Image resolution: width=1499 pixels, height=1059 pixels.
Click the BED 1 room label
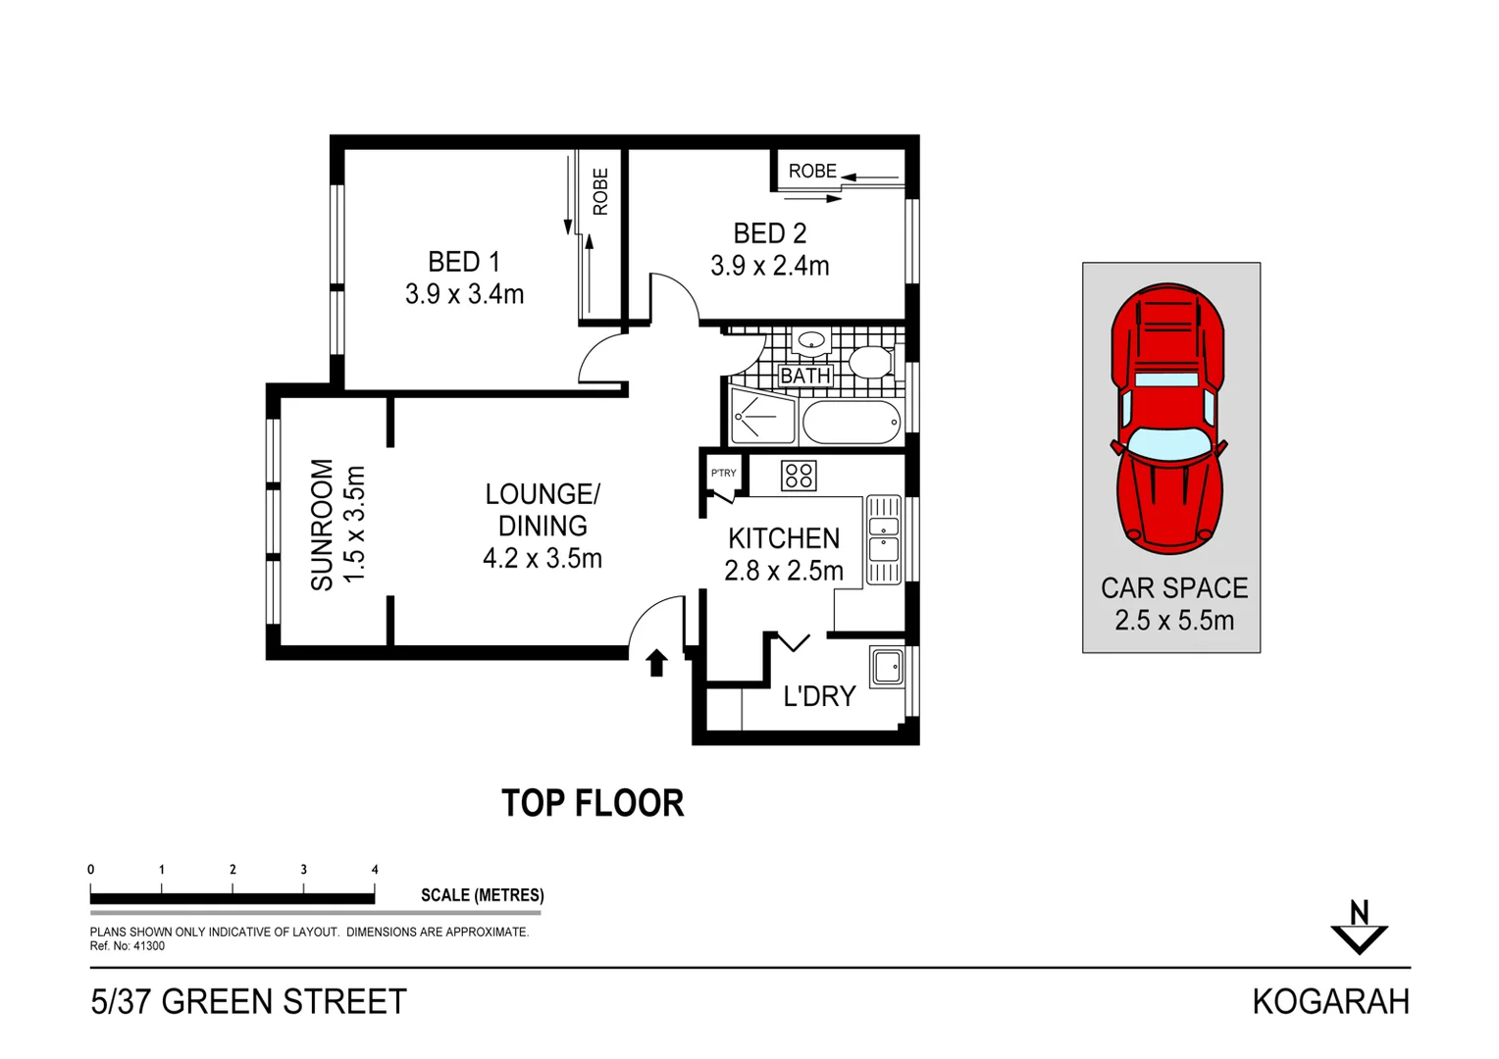[463, 262]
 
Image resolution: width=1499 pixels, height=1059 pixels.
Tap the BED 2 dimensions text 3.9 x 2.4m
[769, 266]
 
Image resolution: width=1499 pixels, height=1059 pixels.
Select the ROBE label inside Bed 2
[812, 171]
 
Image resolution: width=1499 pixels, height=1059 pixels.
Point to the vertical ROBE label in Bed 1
[600, 191]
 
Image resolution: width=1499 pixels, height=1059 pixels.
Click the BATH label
[804, 376]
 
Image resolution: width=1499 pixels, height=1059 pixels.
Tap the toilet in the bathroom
[871, 361]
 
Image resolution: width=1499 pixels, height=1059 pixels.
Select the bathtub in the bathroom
[851, 423]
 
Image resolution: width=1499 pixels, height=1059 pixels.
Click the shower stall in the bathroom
[761, 417]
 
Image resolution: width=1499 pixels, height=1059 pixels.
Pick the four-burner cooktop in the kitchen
[799, 476]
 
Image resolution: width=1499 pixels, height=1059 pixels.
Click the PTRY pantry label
[723, 473]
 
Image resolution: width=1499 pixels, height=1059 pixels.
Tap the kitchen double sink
[883, 539]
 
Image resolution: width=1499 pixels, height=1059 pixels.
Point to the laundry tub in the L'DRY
[887, 667]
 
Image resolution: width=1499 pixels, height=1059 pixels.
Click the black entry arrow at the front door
[656, 663]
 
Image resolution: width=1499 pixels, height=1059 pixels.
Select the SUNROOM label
[322, 525]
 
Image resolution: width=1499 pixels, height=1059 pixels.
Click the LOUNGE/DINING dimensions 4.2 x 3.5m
[542, 558]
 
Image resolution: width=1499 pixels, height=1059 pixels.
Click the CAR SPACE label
[1173, 587]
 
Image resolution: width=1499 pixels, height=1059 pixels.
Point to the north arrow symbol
[1359, 928]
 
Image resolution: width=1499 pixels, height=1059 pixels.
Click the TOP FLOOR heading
[593, 803]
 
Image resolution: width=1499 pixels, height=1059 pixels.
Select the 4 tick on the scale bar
[375, 870]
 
